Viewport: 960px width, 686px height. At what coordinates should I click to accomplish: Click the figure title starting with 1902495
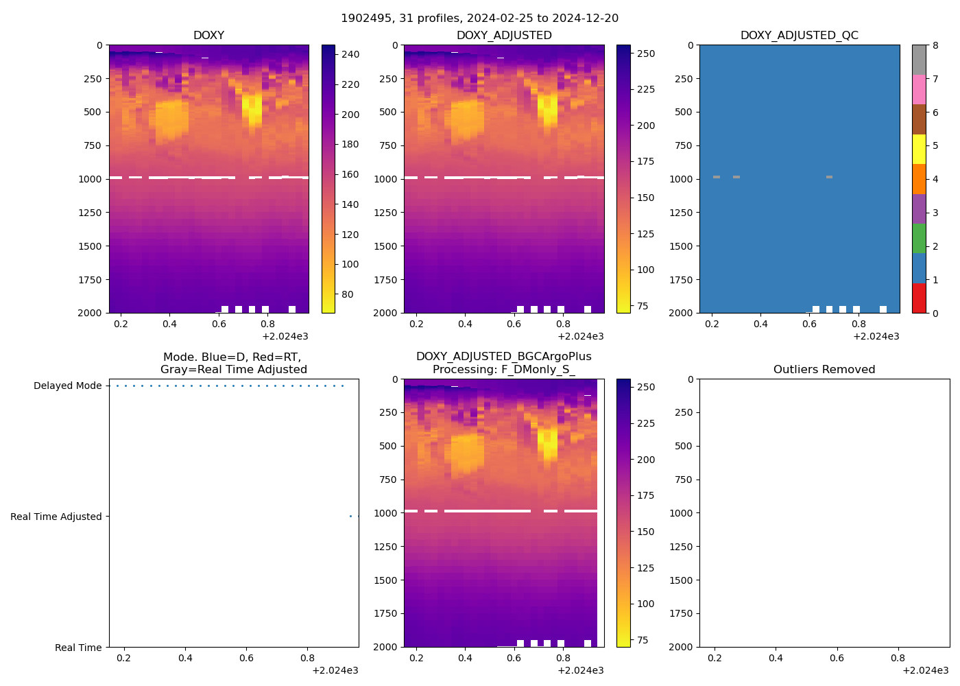(x=479, y=19)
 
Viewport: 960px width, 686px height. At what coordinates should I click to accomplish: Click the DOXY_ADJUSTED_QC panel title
(x=799, y=36)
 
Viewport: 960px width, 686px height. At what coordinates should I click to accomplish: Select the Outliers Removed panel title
(x=824, y=370)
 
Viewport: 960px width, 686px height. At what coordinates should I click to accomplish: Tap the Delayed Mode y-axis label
(x=67, y=386)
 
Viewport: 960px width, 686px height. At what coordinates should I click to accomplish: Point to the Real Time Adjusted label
(x=56, y=517)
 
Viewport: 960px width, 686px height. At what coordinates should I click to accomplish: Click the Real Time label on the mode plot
(x=78, y=648)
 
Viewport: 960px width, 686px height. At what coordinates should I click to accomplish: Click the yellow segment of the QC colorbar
(x=919, y=149)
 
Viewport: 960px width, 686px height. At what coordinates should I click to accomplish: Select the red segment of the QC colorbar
(x=919, y=298)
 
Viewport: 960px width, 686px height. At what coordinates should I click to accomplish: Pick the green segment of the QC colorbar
(x=919, y=238)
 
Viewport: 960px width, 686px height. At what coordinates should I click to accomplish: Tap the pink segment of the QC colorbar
(x=919, y=89)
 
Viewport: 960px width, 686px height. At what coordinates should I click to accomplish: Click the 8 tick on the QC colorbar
(x=935, y=46)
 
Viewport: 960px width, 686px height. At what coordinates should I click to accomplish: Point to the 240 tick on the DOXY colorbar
(x=350, y=55)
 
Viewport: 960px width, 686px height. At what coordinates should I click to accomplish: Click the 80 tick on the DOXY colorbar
(x=348, y=295)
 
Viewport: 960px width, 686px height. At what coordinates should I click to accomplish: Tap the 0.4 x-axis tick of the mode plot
(x=185, y=659)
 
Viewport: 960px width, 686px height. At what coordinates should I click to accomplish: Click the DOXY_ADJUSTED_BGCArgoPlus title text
(x=503, y=357)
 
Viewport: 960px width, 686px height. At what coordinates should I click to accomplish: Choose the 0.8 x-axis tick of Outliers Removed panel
(x=898, y=659)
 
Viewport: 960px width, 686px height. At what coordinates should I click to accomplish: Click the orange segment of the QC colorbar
(x=919, y=178)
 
